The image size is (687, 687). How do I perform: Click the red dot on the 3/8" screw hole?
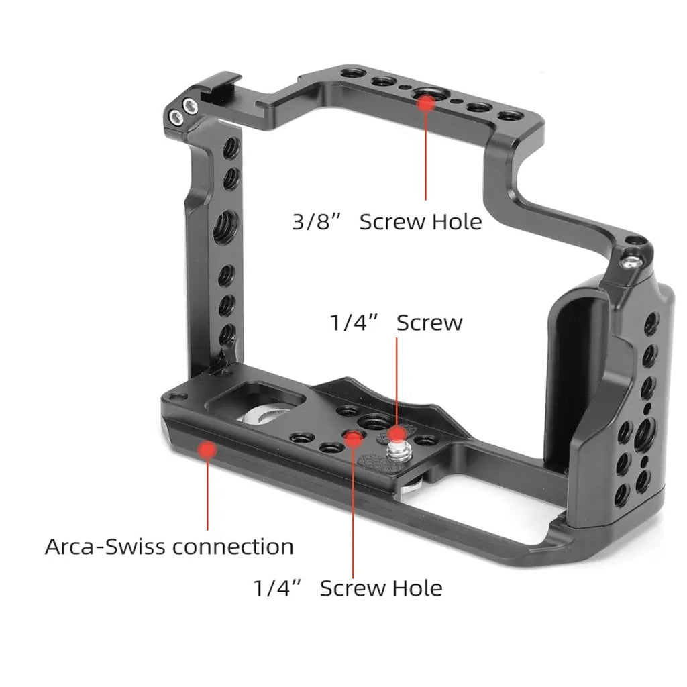[425, 101]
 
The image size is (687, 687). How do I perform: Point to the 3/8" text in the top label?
[313, 221]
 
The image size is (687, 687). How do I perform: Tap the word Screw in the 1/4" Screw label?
[429, 323]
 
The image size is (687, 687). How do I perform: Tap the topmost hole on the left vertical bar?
[230, 146]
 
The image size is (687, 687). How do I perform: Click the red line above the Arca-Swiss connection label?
[207, 494]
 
